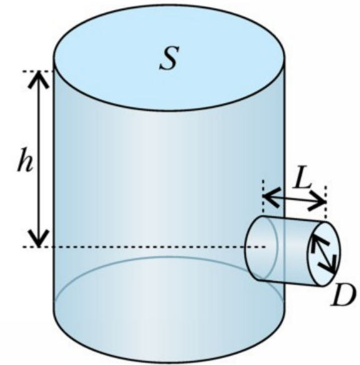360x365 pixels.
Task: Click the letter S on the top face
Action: coord(170,58)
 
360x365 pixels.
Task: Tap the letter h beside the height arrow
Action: coord(25,160)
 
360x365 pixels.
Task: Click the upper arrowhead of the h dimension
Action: coord(39,79)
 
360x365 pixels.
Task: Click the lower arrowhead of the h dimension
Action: coord(39,238)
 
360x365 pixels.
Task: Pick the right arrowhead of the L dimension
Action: coord(317,202)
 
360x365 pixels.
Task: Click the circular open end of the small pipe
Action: coord(323,254)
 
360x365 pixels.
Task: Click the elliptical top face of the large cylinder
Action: coord(170,57)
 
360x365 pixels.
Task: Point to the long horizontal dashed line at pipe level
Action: coord(144,246)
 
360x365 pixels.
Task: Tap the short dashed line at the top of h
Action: coord(39,71)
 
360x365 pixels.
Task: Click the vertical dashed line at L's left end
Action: coord(263,197)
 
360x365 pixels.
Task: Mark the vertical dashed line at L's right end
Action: coord(326,202)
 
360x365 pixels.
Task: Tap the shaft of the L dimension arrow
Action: coord(294,199)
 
